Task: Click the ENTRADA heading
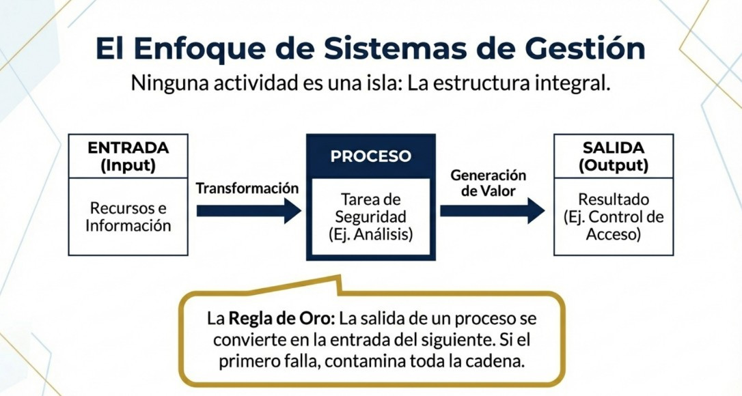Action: point(128,147)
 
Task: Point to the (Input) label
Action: point(128,165)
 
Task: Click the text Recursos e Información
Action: point(128,216)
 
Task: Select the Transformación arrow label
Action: point(247,188)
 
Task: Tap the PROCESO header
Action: point(371,156)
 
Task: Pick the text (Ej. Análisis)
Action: point(371,234)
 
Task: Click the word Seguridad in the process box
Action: point(371,216)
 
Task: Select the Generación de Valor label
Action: point(488,184)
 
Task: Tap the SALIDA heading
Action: point(613,147)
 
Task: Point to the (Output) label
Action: point(613,165)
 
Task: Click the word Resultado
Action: point(613,200)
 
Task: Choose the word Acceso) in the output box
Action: point(613,235)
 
